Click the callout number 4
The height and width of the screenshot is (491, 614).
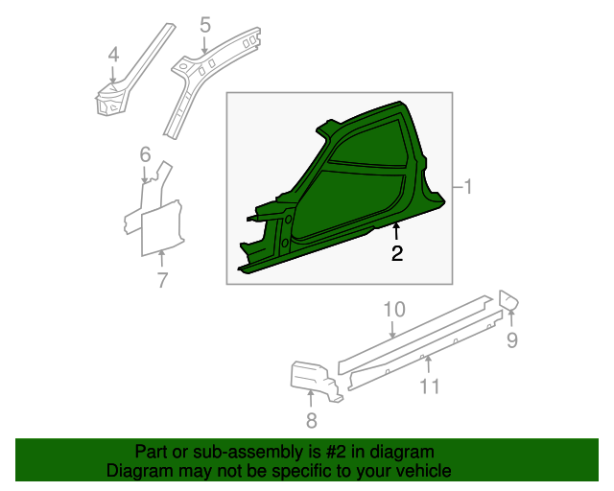113,55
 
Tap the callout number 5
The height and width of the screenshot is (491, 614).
205,25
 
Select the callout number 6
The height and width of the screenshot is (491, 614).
145,154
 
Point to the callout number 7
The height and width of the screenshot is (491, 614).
162,280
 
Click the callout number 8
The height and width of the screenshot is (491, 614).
311,421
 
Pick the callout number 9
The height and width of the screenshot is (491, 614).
512,339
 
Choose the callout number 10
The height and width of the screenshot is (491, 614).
394,310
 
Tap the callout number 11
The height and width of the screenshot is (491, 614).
430,386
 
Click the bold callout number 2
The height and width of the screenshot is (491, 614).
397,254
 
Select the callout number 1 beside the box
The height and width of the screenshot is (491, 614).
467,187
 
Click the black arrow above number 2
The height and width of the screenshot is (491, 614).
396,231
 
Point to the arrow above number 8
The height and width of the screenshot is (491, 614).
311,399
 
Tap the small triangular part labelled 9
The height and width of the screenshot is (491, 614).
508,300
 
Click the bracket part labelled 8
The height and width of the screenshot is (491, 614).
314,379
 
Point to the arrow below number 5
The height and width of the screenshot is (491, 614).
204,44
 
